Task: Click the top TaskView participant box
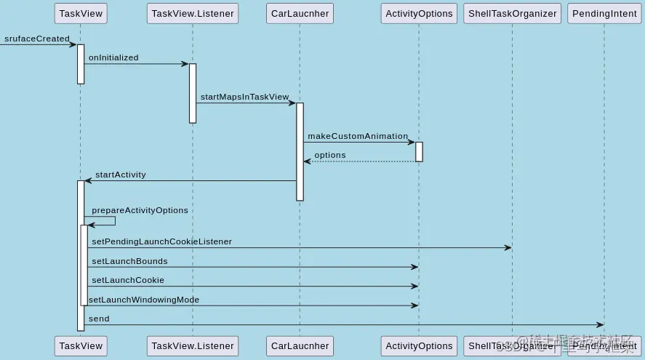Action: [81, 13]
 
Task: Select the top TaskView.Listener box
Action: [193, 13]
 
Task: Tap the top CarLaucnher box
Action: [300, 13]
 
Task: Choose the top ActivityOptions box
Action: [419, 13]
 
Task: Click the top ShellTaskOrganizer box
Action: [512, 13]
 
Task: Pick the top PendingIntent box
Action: [604, 13]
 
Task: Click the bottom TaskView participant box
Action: [81, 346]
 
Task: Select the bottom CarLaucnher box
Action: [300, 346]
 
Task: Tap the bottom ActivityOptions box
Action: [419, 346]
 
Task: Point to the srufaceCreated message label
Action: [37, 39]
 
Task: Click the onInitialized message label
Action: [113, 57]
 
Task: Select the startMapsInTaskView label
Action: [244, 97]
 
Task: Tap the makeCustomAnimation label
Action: [358, 136]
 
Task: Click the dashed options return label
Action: [330, 155]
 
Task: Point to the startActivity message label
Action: [121, 175]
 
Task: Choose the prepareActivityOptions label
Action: [140, 210]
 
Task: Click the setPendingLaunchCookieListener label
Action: [161, 241]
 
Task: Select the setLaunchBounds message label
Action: [129, 261]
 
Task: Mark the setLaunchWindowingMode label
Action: [144, 300]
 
